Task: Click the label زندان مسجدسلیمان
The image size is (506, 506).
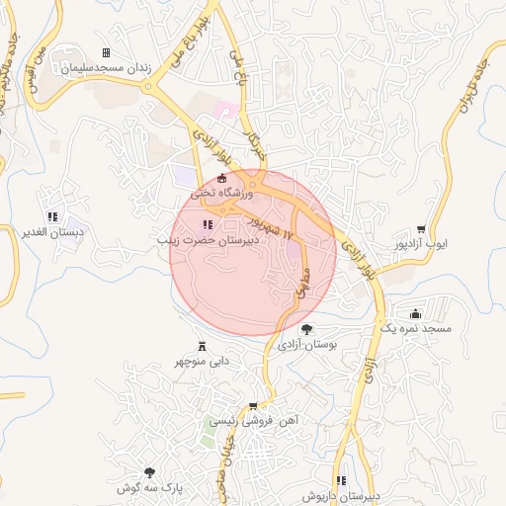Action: [x=105, y=69]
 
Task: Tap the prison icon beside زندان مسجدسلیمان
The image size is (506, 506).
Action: [x=106, y=53]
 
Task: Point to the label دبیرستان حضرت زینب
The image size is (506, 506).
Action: [x=210, y=240]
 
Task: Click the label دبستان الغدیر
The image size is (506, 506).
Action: [x=51, y=232]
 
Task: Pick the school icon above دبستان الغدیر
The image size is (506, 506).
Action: [x=51, y=216]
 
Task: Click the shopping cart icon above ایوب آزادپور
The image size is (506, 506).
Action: [x=421, y=228]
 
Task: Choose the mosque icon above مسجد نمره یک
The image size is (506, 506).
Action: [x=415, y=312]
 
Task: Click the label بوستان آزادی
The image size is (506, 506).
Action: [x=306, y=345]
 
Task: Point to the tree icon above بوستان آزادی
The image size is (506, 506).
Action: [x=306, y=329]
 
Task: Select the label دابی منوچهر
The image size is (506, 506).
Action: [x=203, y=362]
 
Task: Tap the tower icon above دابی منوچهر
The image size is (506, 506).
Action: [x=203, y=346]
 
